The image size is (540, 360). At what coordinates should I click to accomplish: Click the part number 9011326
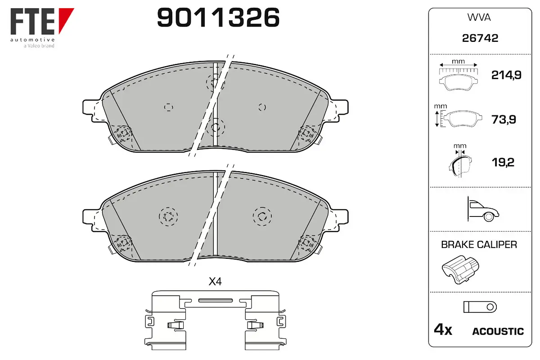click(x=218, y=17)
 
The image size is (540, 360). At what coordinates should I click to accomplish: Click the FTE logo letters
click(x=32, y=21)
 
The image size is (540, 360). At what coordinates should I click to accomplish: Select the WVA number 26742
click(x=480, y=38)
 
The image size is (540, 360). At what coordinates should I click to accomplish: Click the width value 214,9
click(x=506, y=75)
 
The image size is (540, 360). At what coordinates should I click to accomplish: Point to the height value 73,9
click(x=504, y=119)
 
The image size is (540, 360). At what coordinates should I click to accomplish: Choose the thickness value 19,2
click(x=503, y=162)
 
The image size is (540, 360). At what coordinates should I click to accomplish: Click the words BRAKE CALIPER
click(x=479, y=245)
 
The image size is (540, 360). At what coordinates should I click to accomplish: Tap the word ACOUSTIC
click(x=498, y=332)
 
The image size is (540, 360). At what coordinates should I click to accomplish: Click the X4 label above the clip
click(x=215, y=281)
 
